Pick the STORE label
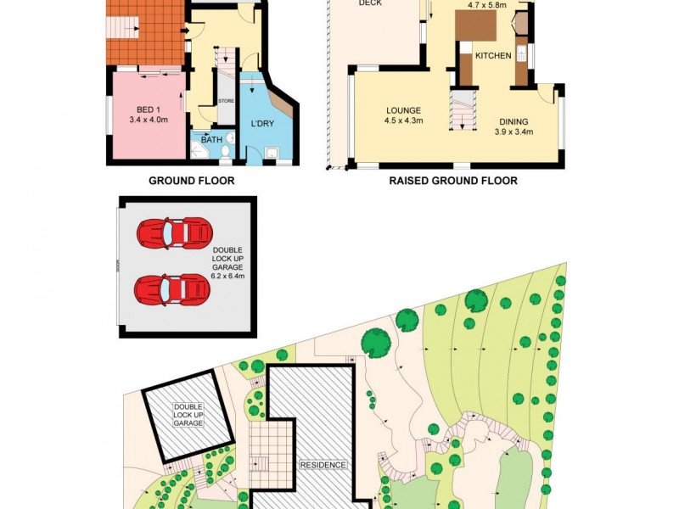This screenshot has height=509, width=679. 226,101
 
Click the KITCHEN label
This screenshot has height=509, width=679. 493,56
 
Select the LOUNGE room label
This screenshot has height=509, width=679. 403,110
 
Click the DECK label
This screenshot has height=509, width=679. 370,4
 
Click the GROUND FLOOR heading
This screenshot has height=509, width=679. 191,181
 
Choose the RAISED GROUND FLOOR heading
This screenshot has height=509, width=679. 452,181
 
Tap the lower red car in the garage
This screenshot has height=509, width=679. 172,289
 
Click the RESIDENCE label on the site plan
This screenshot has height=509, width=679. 323,465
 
